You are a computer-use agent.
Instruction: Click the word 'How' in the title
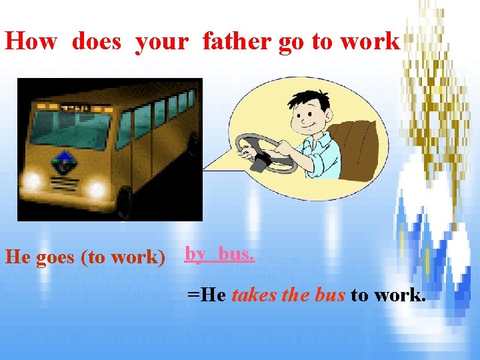click(32, 41)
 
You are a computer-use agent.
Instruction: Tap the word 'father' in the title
click(237, 41)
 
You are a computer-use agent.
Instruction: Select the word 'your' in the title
click(162, 41)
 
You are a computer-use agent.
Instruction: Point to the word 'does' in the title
click(97, 41)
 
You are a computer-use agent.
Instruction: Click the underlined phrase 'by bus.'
click(219, 254)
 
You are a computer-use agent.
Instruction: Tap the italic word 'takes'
click(253, 295)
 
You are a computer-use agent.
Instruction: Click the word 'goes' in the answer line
click(55, 257)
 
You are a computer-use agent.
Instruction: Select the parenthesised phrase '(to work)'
click(123, 257)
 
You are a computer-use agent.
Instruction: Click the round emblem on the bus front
click(64, 161)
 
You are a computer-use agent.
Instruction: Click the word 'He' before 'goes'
click(16, 257)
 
